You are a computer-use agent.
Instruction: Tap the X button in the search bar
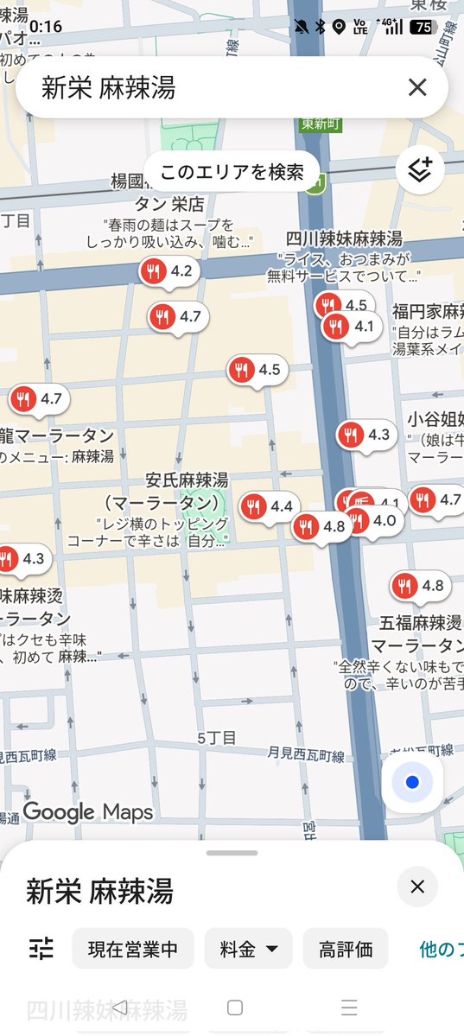tap(417, 87)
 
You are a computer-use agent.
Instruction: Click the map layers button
tap(420, 170)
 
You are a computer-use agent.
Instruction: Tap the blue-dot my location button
tap(412, 783)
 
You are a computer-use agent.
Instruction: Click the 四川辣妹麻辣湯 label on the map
tap(344, 238)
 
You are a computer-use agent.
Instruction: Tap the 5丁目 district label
tap(216, 737)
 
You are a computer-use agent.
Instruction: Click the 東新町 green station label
tap(321, 124)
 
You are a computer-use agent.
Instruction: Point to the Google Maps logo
tap(87, 812)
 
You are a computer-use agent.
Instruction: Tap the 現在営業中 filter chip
tap(132, 949)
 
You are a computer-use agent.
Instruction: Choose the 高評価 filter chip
tap(345, 949)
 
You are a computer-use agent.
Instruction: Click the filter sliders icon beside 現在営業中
tap(41, 949)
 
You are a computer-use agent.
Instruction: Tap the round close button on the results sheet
tap(417, 887)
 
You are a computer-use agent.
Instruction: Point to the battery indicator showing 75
tap(423, 27)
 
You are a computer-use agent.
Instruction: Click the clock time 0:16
tap(46, 27)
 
